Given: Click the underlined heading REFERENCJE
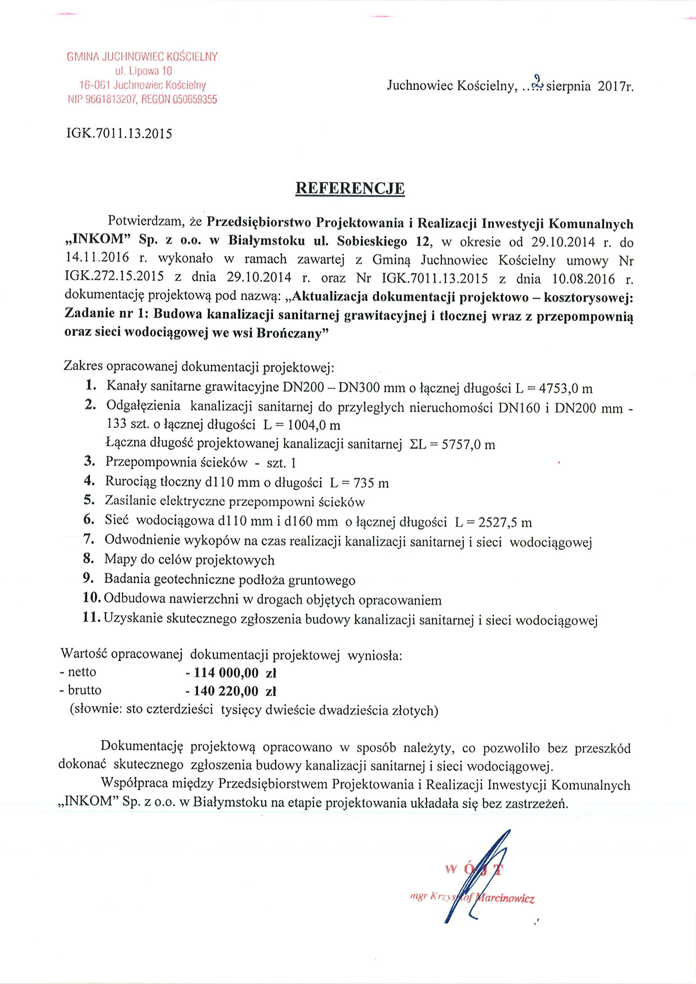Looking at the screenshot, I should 350,188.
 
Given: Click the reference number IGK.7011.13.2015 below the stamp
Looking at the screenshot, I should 119,134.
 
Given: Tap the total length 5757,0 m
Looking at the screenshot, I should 468,445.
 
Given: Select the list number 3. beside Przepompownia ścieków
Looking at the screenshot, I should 89,461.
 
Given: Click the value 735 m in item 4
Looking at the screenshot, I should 371,483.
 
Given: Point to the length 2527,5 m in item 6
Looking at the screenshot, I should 505,523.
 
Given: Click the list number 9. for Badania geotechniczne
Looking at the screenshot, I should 89,578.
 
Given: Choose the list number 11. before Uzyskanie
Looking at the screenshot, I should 92,617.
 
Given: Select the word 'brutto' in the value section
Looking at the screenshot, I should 85,690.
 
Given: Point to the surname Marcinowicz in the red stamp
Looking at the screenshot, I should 505,898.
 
